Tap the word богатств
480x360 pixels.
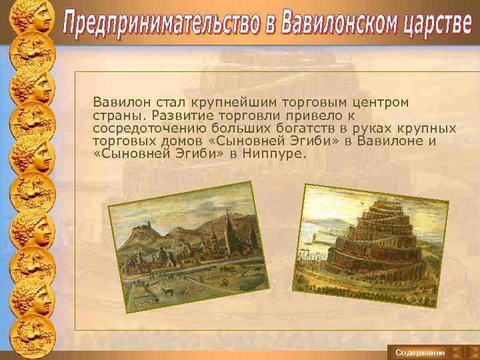[x=289, y=128]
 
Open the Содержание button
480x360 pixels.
[x=420, y=351]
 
